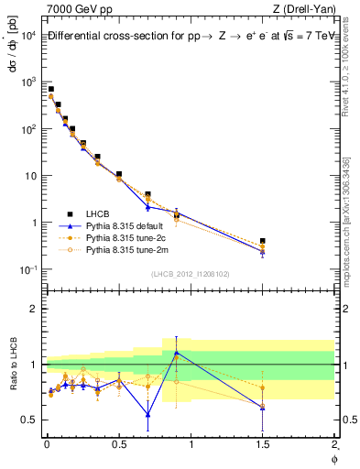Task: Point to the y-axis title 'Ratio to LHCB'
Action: [12, 364]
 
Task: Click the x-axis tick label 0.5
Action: [118, 445]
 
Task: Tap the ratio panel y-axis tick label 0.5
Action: [27, 420]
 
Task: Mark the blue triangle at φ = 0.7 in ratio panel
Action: [147, 414]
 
